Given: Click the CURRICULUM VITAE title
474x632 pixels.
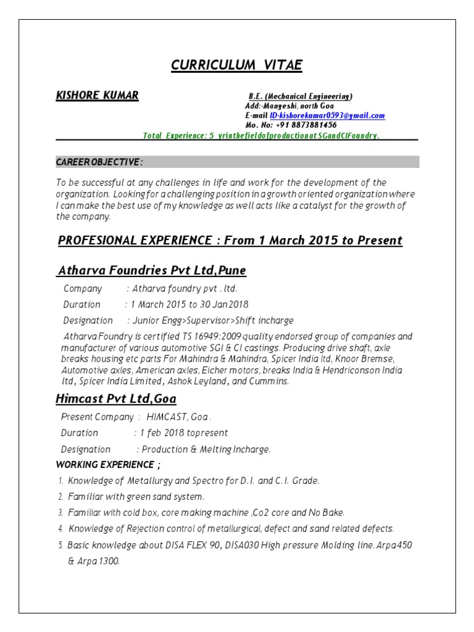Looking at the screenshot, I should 236,65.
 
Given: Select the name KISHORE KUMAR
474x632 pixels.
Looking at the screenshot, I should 97,96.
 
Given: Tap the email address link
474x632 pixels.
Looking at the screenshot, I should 331,115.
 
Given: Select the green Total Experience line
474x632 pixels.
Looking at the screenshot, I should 261,135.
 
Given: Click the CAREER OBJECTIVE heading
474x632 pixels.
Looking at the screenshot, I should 99,162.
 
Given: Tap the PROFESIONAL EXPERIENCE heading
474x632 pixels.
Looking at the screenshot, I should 230,240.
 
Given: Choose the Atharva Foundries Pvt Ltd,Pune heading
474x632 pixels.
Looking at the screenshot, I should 152,271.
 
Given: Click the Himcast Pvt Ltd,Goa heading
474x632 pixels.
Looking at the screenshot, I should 116,399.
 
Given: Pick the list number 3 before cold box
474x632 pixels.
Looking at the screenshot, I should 60,513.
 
